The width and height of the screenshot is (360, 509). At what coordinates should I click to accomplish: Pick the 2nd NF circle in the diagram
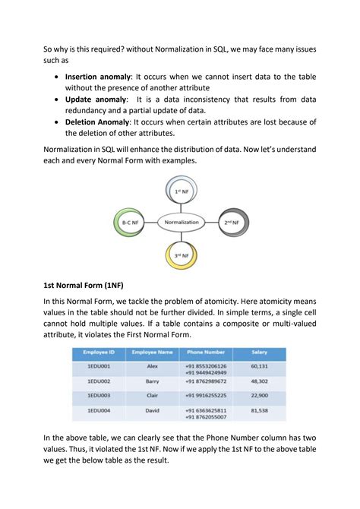coord(230,223)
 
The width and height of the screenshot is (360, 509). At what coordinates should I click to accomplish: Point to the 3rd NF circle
coord(181,255)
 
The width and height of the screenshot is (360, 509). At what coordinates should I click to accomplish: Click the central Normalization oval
coord(180,223)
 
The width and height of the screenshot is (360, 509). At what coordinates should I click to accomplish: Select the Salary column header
coord(260,353)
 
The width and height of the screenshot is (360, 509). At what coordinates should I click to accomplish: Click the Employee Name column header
coord(152,353)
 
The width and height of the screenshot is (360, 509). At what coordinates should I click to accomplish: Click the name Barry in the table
coord(152,381)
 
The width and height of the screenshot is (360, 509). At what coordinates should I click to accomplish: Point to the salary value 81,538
coord(260,411)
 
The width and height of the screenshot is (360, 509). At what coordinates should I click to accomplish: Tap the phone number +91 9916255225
coord(205,396)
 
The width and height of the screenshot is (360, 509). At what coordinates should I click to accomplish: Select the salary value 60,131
coord(260,365)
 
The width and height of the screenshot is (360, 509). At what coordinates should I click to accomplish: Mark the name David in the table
coord(152,411)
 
